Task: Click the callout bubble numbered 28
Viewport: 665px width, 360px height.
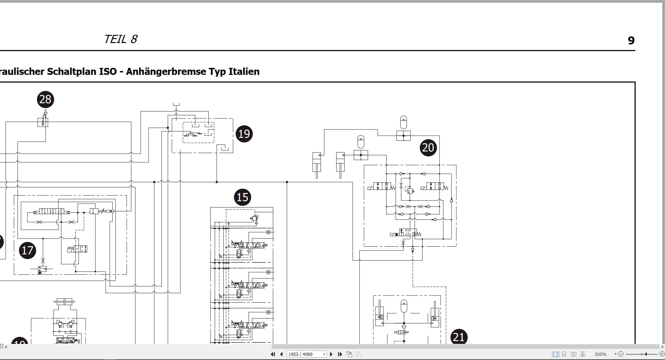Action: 45,99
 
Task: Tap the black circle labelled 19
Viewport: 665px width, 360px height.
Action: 244,134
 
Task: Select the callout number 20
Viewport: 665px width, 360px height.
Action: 428,148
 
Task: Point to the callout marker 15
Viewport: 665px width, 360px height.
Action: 243,197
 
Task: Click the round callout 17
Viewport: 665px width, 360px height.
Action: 28,250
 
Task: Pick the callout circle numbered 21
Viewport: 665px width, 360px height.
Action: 459,337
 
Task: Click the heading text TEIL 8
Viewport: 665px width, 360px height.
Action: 121,39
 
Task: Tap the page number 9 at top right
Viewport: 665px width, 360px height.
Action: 631,41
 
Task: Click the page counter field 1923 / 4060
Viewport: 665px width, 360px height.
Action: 307,354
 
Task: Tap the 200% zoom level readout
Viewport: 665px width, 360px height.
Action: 600,354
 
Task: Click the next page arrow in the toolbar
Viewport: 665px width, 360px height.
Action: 331,354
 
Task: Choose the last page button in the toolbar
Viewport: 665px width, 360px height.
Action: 340,354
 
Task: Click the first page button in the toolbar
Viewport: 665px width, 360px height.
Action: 273,354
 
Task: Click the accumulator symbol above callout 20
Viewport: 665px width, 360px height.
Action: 403,122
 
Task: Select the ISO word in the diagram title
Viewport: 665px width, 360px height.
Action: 108,71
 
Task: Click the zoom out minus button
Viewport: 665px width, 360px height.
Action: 621,354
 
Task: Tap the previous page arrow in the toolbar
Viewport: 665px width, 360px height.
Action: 281,354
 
